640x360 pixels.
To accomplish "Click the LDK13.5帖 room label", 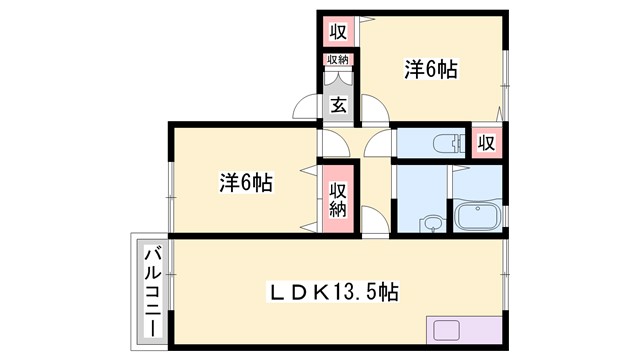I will click(x=336, y=292).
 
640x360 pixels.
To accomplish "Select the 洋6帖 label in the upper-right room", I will click(x=431, y=69).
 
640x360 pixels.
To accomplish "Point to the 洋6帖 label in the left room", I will click(x=246, y=183).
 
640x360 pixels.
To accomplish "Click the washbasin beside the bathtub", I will click(x=432, y=223).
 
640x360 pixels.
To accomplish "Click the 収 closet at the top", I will click(x=339, y=31).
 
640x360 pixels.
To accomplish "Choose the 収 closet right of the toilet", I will click(x=486, y=143).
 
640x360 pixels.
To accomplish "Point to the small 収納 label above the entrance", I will click(x=338, y=60).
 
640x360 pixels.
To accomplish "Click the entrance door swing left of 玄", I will click(x=307, y=107).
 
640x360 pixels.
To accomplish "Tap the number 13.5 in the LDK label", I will click(x=366, y=292).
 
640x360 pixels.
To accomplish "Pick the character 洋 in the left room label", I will click(x=229, y=183).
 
